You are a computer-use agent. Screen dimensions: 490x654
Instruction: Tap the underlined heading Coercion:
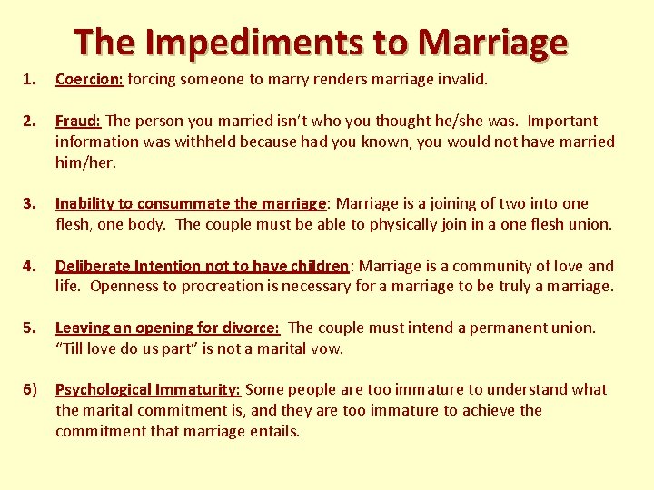[89, 79]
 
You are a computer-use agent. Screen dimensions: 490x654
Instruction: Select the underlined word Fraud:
[79, 121]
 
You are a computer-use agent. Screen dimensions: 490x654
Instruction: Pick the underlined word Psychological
[103, 389]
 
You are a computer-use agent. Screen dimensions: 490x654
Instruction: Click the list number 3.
[28, 203]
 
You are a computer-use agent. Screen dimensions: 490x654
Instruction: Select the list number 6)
[30, 389]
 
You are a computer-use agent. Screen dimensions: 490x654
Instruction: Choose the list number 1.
[28, 79]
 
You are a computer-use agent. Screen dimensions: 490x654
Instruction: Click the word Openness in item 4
[125, 287]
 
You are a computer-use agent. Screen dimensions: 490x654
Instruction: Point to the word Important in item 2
[563, 121]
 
